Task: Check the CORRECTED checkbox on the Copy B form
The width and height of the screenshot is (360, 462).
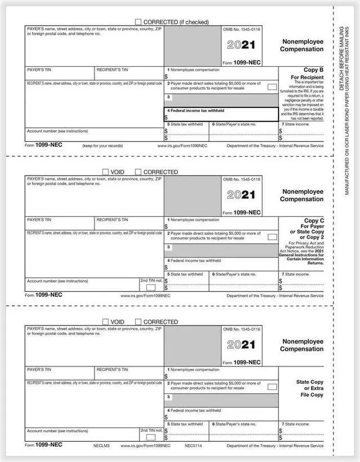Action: click(138, 21)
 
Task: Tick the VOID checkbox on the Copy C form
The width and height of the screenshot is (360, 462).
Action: click(105, 171)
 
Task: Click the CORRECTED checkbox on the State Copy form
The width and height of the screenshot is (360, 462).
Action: click(138, 321)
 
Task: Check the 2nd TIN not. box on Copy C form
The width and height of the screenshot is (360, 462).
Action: click(151, 287)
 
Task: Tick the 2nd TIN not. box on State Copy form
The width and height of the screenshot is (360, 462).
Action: click(151, 437)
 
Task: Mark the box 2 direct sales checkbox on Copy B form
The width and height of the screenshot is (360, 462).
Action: click(272, 87)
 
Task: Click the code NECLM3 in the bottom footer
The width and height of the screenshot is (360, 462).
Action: click(101, 445)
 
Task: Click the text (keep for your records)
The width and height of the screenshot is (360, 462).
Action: click(102, 145)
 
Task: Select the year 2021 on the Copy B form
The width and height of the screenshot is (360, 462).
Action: click(241, 45)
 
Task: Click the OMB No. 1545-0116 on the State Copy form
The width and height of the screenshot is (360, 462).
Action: click(242, 329)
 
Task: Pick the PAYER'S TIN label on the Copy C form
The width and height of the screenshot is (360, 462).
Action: click(39, 220)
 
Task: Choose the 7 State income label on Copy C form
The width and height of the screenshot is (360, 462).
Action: click(295, 274)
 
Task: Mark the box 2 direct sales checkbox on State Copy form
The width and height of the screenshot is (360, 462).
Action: click(272, 387)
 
